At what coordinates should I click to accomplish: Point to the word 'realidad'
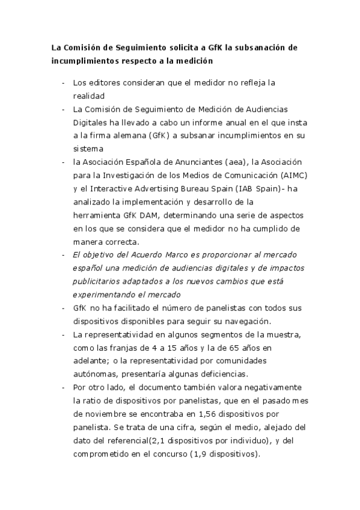89,96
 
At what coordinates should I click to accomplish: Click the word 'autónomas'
93,373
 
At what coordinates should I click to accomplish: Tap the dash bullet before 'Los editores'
64,82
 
